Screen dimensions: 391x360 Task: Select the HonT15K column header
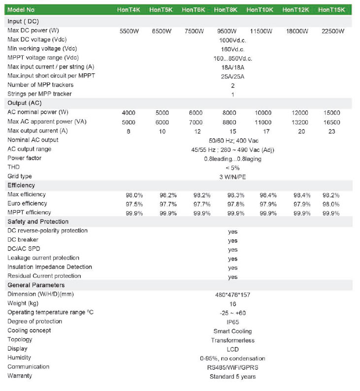[x=331, y=9]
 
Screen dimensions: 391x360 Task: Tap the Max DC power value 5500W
[x=132, y=31]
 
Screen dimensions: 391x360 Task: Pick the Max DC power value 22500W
[x=331, y=31]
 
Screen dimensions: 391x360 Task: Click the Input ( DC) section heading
[x=23, y=21]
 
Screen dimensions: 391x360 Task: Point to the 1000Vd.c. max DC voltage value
[x=233, y=40]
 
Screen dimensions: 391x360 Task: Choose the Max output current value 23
[x=331, y=131]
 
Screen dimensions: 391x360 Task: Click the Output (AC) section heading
[x=24, y=103]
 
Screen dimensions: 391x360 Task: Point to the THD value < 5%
[x=233, y=167]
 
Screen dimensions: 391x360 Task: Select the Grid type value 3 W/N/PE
[x=233, y=176]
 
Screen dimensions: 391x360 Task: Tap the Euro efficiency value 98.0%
[x=331, y=204]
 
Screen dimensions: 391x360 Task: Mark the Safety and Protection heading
[x=38, y=222]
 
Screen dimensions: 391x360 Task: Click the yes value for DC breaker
[x=233, y=241]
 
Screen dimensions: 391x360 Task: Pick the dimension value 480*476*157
[x=233, y=295]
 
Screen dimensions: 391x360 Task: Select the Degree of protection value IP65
[x=233, y=322]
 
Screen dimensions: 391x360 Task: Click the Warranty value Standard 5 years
[x=233, y=377]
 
